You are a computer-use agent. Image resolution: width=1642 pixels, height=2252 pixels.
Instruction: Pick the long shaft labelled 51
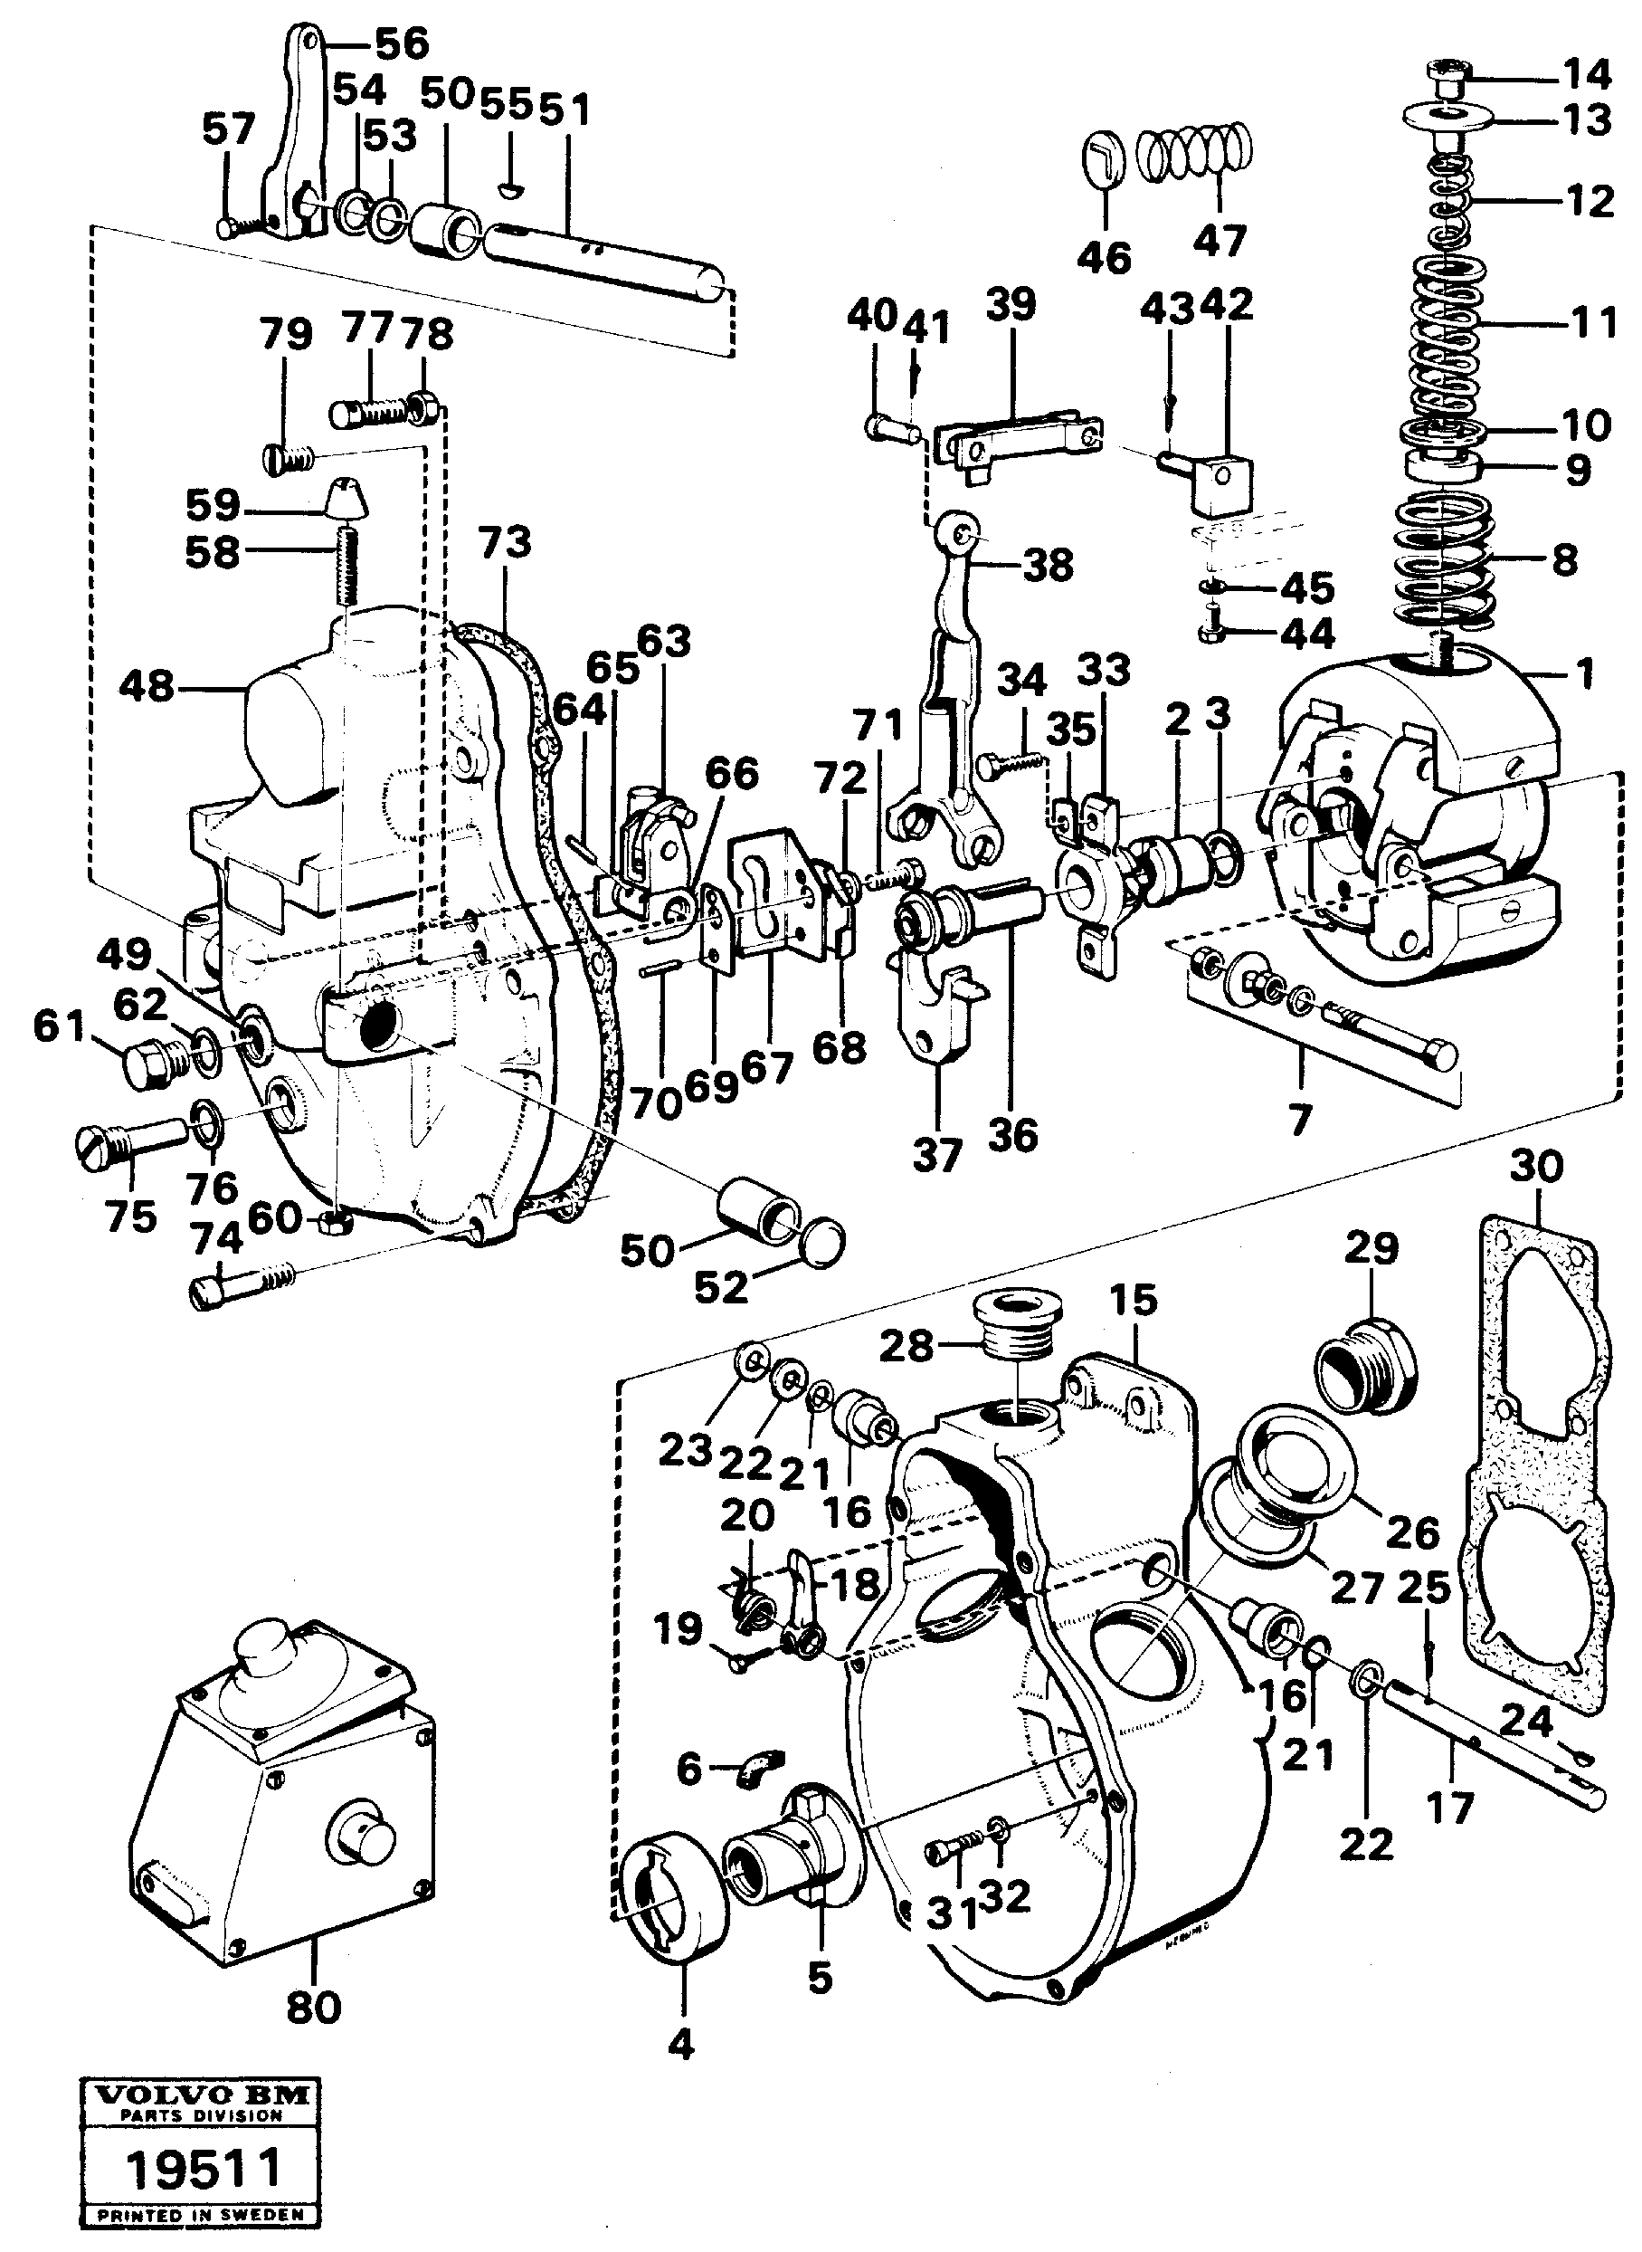tap(606, 262)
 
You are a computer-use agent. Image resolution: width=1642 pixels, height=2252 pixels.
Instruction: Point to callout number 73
tap(504, 544)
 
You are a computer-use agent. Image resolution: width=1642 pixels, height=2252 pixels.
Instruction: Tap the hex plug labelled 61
tap(147, 1064)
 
